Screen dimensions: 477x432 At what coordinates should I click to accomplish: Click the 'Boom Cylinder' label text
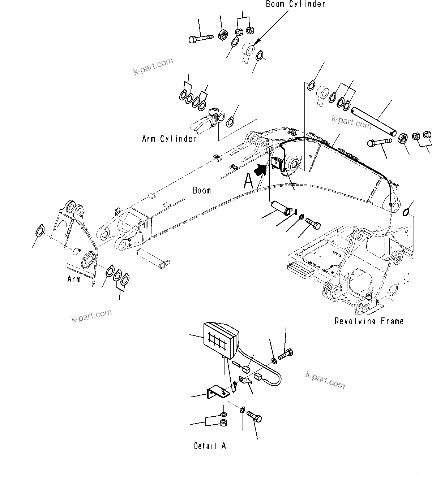295,4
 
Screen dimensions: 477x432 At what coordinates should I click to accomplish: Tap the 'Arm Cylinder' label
169,139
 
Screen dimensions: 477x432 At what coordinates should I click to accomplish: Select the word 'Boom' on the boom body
202,190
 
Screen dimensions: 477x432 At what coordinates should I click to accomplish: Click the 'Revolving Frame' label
369,321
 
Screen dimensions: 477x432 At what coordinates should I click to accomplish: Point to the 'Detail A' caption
210,446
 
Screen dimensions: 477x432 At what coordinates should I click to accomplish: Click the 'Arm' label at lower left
74,279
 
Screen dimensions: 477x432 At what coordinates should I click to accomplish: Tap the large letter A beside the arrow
248,181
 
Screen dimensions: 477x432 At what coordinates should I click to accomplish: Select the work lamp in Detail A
221,340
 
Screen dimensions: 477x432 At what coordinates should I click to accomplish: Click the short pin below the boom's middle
281,208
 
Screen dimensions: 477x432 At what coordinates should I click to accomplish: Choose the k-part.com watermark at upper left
153,66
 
